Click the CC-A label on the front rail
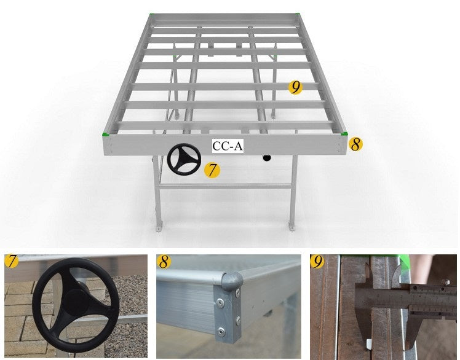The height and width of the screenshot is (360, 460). [228, 146]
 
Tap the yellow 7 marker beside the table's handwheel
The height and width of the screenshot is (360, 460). [212, 170]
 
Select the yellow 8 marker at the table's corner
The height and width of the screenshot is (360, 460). [355, 144]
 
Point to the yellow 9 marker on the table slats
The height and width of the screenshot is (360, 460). [295, 87]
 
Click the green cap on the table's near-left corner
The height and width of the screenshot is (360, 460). [105, 134]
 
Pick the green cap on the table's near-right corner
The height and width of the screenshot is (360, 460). [344, 134]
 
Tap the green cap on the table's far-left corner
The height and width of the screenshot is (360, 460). [152, 14]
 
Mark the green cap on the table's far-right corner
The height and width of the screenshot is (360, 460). [297, 14]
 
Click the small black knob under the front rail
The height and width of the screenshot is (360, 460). [267, 158]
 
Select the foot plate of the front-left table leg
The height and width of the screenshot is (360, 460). [159, 228]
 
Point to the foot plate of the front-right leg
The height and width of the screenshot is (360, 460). [291, 227]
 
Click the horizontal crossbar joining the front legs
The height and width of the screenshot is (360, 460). [225, 186]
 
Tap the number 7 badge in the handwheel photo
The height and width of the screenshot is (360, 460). [12, 261]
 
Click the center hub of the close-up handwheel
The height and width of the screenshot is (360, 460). [76, 302]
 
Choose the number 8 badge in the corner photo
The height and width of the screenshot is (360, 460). [164, 262]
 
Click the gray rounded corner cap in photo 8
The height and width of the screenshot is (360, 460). [232, 281]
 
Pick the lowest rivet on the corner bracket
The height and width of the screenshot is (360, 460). [221, 332]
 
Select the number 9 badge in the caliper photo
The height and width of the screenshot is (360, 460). [317, 262]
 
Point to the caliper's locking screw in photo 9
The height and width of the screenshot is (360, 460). [445, 283]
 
